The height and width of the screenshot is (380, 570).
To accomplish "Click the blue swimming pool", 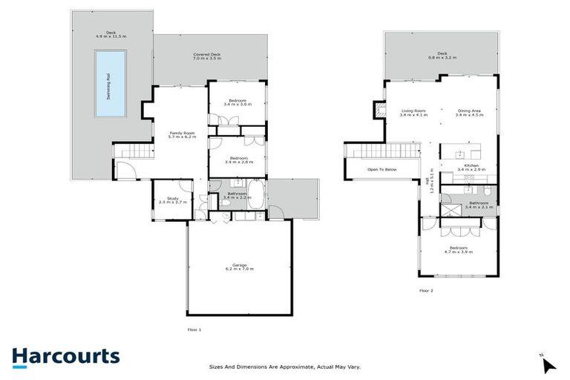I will pos(109,83).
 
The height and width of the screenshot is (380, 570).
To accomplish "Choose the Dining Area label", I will pos(469,113).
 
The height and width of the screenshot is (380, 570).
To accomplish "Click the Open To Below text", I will pos(381,169).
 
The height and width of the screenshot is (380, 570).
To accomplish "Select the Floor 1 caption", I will pos(194,329).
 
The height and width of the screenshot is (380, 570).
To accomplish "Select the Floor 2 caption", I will pos(426,290).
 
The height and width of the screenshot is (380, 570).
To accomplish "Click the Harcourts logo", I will pos(65,356).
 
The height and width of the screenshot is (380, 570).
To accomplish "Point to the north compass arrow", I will pos(548,364).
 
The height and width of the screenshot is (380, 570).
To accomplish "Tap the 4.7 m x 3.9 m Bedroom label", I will pos(457,249).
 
